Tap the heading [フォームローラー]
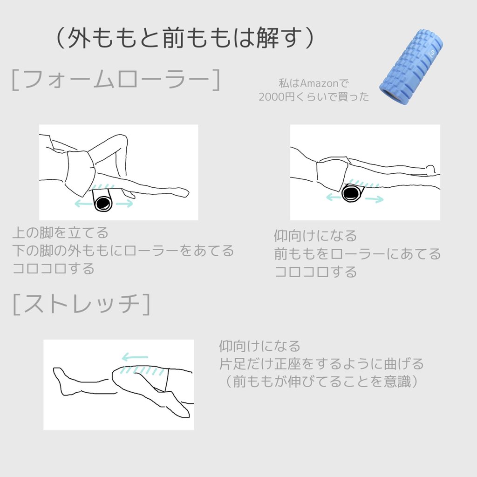115,80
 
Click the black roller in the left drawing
103,204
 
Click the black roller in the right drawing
352,192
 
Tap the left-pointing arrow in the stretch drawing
135,358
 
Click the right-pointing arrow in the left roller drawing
124,204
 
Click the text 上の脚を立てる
61,232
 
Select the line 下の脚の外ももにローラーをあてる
123,251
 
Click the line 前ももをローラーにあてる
357,254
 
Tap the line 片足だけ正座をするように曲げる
321,363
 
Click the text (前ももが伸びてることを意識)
321,382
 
